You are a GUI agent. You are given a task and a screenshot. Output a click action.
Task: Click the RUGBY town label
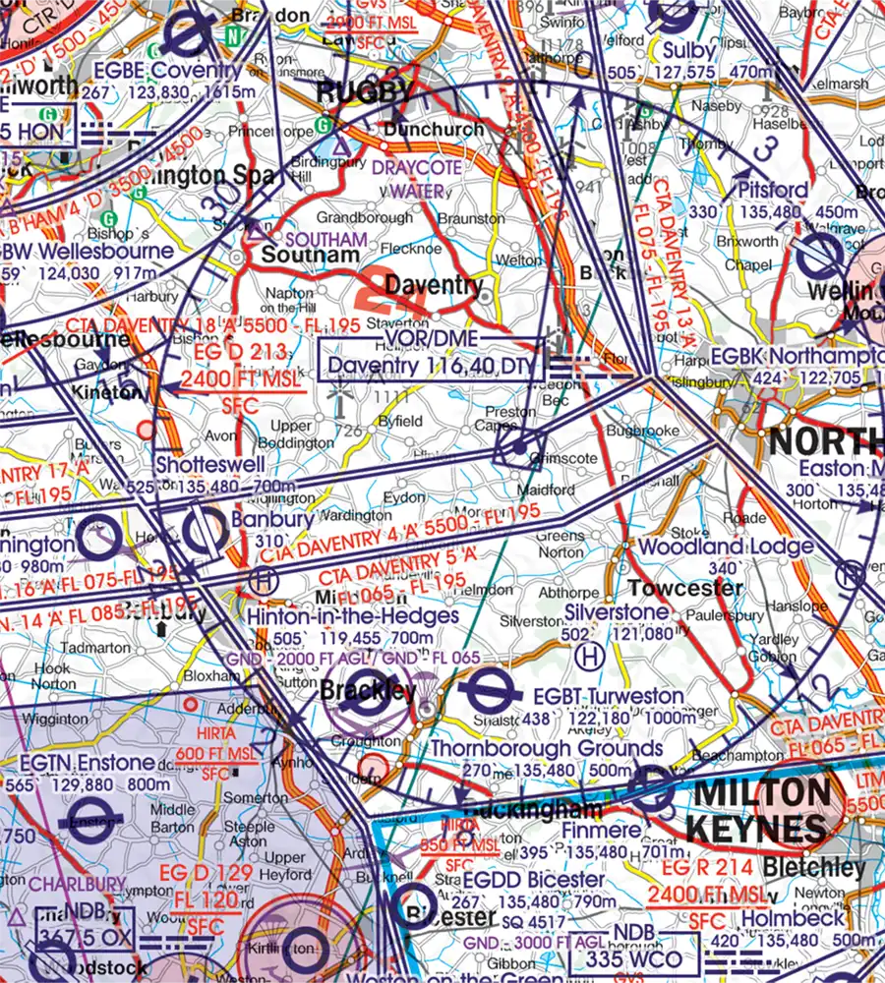click(x=365, y=93)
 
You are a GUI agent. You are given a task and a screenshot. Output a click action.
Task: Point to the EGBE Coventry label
click(x=166, y=71)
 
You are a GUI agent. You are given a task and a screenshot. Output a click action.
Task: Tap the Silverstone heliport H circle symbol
click(x=590, y=655)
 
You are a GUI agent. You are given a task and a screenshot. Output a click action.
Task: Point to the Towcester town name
click(x=685, y=588)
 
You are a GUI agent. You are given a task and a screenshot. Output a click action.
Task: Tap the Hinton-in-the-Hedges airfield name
click(x=353, y=616)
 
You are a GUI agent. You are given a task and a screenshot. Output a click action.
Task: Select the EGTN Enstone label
click(x=74, y=762)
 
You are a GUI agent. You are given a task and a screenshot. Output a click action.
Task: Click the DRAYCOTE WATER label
click(x=416, y=178)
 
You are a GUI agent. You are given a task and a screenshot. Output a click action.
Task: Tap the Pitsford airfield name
click(x=773, y=189)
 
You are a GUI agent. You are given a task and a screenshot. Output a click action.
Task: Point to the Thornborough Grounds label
click(x=547, y=749)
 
